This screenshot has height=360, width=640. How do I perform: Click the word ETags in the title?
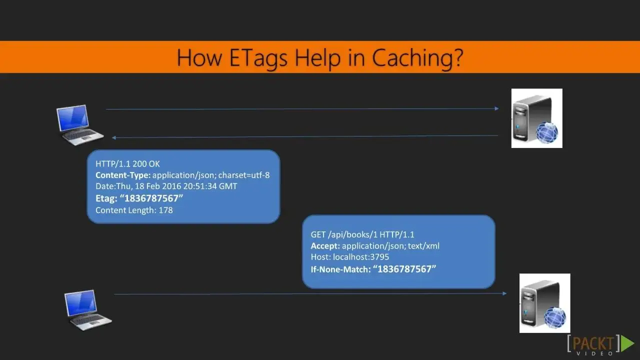point(258,58)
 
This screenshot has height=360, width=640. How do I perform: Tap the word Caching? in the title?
point(417,58)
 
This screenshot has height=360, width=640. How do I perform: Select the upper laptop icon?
point(79,125)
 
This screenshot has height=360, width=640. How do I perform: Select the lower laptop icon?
point(88,310)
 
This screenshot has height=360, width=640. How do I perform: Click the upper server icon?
point(537,118)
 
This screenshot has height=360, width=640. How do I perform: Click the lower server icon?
point(545,303)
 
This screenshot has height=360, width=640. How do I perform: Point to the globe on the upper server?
point(547,132)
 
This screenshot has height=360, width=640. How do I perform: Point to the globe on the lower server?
point(555,317)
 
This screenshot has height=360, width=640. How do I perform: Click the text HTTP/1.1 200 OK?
point(127,164)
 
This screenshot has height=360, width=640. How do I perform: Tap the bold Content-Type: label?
point(123,175)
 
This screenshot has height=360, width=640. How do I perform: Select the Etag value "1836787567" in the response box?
point(151,198)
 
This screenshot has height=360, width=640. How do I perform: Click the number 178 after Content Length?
point(165,210)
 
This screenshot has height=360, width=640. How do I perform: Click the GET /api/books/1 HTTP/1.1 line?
point(362,234)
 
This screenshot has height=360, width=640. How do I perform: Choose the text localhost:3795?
point(361,257)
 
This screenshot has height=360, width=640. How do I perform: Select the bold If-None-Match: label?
point(340,269)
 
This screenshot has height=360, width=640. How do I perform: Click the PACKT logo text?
point(593,343)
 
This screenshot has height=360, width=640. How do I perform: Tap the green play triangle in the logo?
point(627,343)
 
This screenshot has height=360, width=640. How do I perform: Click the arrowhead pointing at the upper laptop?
point(113,137)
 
